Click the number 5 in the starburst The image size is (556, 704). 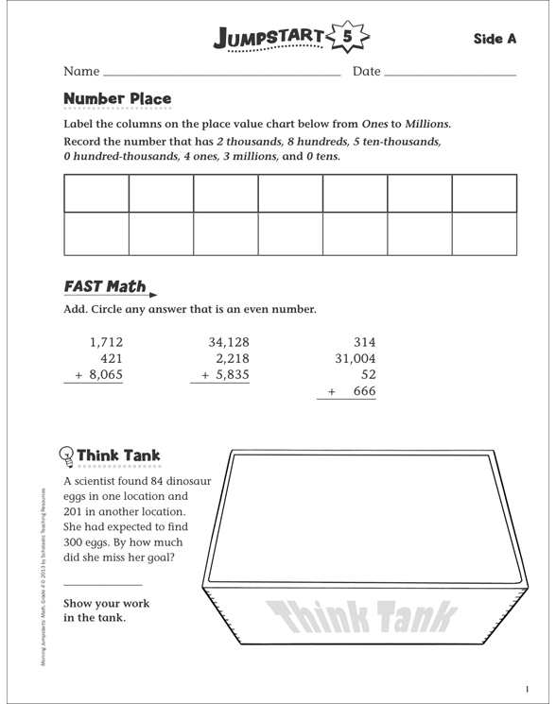pyautogui.click(x=347, y=38)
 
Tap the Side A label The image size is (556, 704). pyautogui.click(x=495, y=39)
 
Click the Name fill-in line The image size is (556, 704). pyautogui.click(x=221, y=74)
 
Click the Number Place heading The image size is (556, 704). pyautogui.click(x=117, y=98)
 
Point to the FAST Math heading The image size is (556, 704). pyautogui.click(x=105, y=286)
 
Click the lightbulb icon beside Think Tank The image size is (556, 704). pyautogui.click(x=67, y=456)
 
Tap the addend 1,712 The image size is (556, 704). pyautogui.click(x=106, y=342)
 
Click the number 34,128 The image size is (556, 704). pyautogui.click(x=229, y=342)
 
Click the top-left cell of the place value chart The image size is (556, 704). pyautogui.click(x=96, y=194)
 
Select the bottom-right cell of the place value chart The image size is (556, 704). pyautogui.click(x=484, y=233)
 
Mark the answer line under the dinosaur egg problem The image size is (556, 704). pyautogui.click(x=102, y=586)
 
